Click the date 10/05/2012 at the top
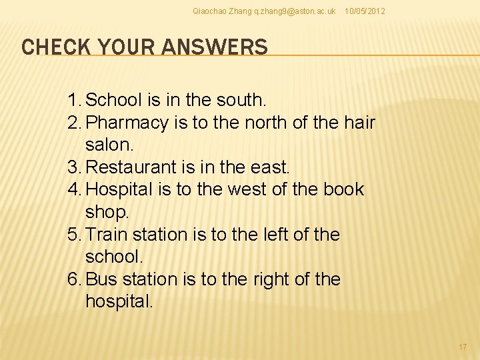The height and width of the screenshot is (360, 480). [x=364, y=11]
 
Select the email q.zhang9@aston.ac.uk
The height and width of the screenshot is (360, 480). [x=295, y=11]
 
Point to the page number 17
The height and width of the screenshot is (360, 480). [x=463, y=347]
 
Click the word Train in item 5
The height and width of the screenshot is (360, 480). [x=107, y=235]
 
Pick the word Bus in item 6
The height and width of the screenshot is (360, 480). [x=101, y=279]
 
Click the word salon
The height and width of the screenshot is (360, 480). [x=109, y=145]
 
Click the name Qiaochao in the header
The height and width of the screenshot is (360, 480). [x=209, y=11]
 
